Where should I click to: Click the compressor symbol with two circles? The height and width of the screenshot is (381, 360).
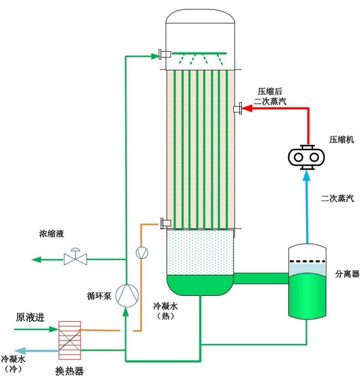point(307,157)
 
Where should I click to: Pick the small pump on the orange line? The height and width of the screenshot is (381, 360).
point(141,252)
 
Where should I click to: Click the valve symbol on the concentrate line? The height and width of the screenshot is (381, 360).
point(76,258)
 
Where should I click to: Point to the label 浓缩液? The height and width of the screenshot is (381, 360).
point(52,234)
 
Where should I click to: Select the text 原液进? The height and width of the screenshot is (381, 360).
point(30,317)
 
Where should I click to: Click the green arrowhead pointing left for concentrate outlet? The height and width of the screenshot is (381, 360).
point(36,258)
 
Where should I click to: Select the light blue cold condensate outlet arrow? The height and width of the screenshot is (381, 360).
point(22,350)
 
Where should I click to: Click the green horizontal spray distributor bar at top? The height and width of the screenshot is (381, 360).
point(200,53)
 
